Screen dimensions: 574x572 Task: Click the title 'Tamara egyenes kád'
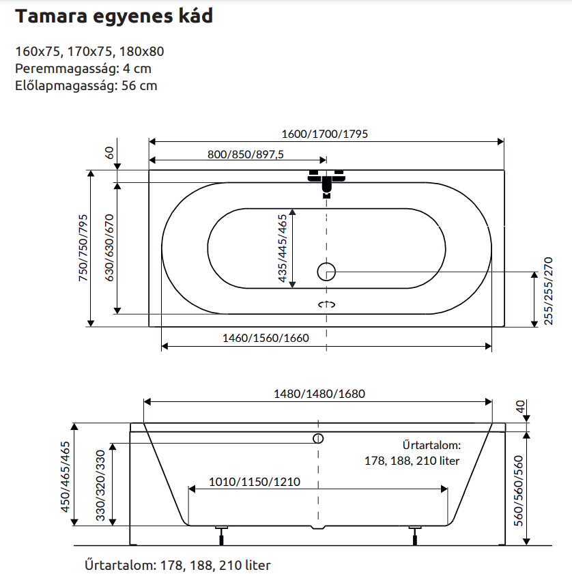click(x=114, y=17)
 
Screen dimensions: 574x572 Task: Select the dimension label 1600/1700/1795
click(x=325, y=134)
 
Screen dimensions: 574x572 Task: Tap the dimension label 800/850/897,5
click(x=245, y=154)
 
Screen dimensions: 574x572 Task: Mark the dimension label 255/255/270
click(x=547, y=291)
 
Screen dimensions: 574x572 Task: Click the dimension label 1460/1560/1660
click(x=266, y=338)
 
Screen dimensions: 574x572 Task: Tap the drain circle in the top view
click(x=326, y=272)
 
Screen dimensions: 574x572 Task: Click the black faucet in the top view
click(x=327, y=182)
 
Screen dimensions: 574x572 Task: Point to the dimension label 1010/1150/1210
click(x=255, y=481)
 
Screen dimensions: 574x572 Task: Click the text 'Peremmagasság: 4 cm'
click(x=83, y=68)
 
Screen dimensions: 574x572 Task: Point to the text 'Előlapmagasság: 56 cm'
click(x=86, y=85)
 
